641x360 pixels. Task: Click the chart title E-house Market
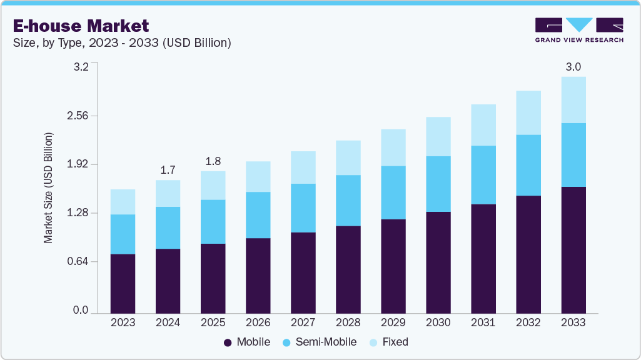point(81,26)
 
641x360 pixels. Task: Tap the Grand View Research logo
point(579,30)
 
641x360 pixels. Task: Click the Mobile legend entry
point(247,342)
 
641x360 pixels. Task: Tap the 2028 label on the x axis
point(348,322)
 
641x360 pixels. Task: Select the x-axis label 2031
point(483,322)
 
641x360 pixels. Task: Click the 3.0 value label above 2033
point(573,67)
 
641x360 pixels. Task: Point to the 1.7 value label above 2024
point(168,169)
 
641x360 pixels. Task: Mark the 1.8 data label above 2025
point(213,161)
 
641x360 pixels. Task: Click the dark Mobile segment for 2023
point(123,283)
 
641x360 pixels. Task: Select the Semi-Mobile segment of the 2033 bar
point(573,155)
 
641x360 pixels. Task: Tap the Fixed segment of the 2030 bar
point(438,136)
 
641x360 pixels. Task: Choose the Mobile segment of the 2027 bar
point(303,272)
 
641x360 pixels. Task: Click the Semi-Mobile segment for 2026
point(258,215)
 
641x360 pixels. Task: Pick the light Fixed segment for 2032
point(528,112)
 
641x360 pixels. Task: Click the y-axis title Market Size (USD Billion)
point(48,188)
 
